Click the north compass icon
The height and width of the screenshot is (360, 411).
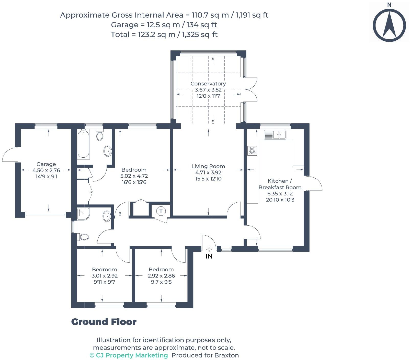coord(389,25)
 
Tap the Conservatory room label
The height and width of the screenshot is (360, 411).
coord(208,84)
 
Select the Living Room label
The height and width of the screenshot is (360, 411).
coord(208,166)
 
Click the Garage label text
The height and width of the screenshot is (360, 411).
coord(46,164)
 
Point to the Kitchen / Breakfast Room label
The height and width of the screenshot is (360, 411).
coord(280,184)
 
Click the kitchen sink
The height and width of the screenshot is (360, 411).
coord(275,134)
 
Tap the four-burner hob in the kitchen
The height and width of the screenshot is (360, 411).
coord(252,151)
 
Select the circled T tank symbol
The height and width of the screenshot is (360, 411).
coord(161,211)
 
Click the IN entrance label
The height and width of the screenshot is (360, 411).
coord(209,256)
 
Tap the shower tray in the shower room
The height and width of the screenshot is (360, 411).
coord(84,214)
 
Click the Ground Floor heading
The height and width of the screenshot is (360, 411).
coord(104,322)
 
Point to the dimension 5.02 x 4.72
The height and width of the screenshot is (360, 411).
coord(134,176)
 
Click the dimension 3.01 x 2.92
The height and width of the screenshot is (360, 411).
coord(105,276)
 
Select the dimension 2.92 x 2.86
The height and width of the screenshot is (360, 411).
coord(161,276)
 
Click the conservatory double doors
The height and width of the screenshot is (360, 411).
coord(250,90)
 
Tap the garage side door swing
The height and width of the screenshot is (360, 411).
coord(9,155)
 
